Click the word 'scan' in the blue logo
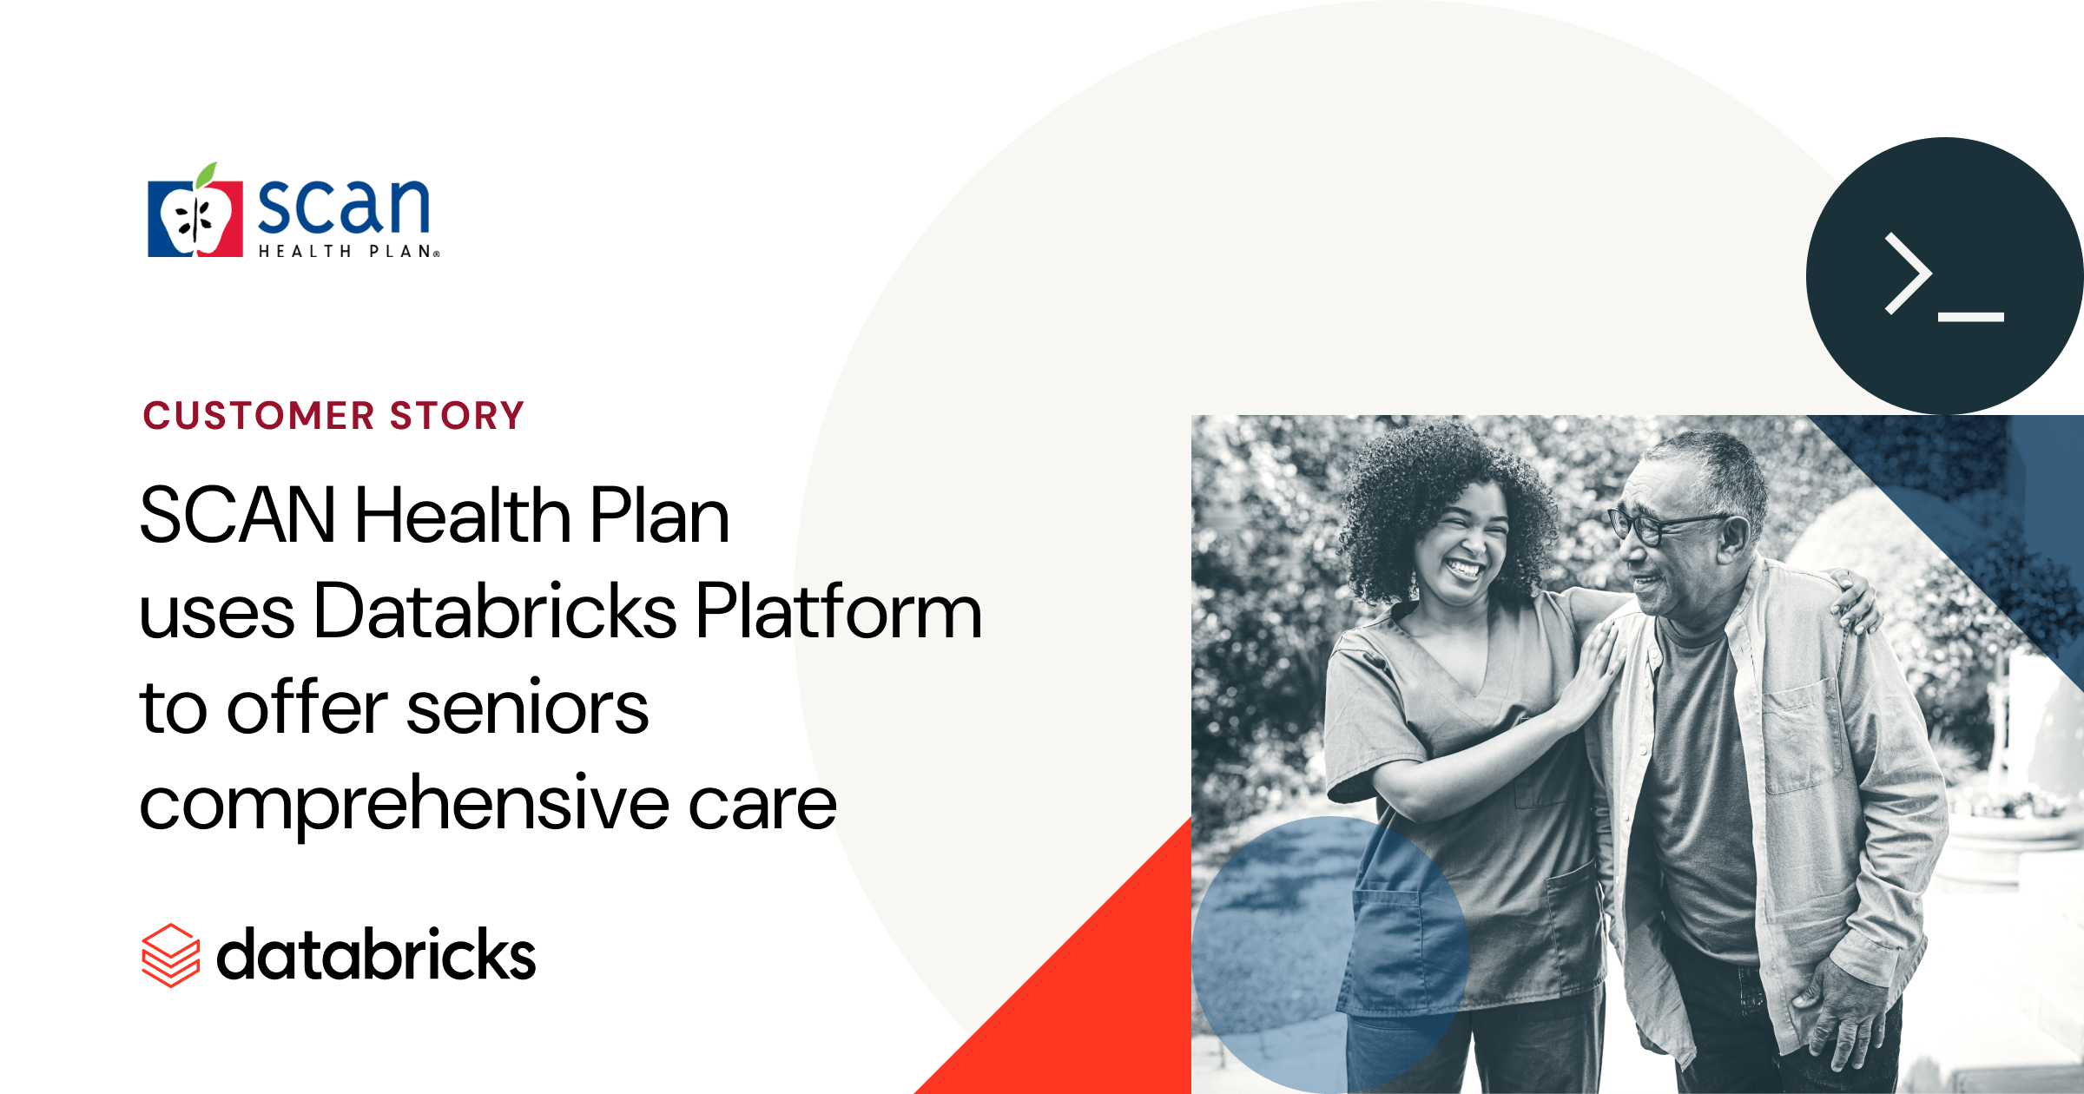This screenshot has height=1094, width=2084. click(x=344, y=206)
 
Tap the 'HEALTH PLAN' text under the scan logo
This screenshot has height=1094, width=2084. click(x=349, y=251)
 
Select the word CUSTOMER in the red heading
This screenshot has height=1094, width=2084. click(x=259, y=415)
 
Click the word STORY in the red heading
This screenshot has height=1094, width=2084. click(x=458, y=415)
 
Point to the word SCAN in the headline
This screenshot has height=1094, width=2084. click(x=237, y=515)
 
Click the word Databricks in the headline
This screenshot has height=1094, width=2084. click(x=495, y=611)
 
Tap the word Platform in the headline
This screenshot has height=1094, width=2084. click(x=839, y=611)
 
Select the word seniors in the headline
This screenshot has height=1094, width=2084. click(x=527, y=708)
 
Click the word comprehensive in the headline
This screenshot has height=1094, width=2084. click(x=405, y=805)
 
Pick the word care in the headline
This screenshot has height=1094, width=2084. click(x=762, y=805)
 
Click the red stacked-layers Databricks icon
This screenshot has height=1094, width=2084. click(x=171, y=955)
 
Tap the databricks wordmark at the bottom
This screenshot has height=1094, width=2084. click(x=376, y=954)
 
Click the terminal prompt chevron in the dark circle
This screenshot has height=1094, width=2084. click(x=1908, y=273)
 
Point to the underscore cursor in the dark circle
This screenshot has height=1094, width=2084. click(x=1971, y=317)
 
